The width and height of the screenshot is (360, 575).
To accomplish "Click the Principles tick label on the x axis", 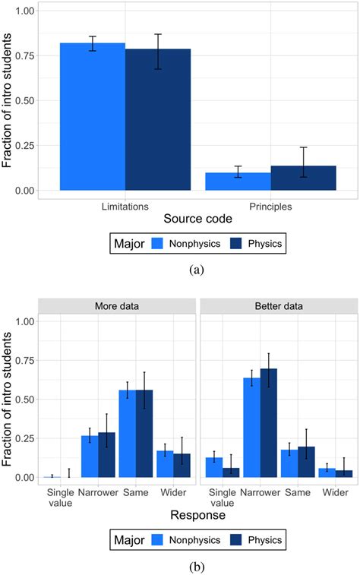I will point(270,206).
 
